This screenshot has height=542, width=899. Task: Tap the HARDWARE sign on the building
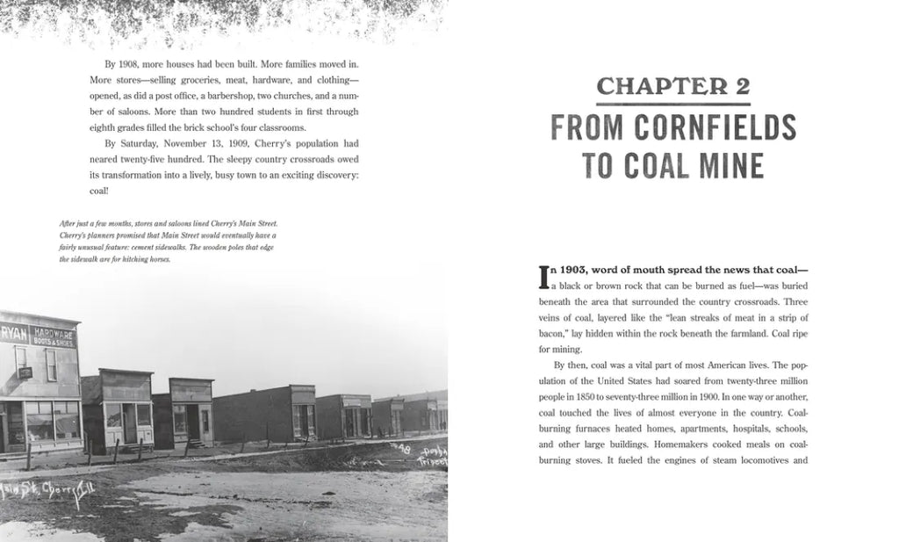[x=54, y=330]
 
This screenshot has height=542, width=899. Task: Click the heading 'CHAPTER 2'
[x=674, y=87]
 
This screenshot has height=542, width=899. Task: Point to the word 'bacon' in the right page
[x=553, y=333]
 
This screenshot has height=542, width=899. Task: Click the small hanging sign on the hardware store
[x=25, y=372]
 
